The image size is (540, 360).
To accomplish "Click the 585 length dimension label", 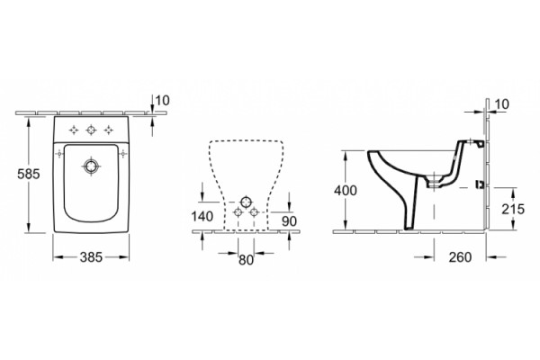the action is (29, 174).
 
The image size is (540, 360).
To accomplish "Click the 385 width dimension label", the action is (91, 257).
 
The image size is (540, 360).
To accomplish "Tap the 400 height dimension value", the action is (346, 191).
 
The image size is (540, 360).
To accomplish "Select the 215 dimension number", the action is (513, 209).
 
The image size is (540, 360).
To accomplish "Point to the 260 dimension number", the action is (460, 257).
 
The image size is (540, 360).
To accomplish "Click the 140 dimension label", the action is (202, 216).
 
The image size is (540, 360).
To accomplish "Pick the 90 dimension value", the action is (289, 221).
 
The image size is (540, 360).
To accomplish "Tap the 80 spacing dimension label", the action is (246, 260).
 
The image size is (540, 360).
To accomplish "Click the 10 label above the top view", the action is (162, 101).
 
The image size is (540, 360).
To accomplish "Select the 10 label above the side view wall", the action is (502, 104).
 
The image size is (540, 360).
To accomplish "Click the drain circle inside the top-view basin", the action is (91, 166).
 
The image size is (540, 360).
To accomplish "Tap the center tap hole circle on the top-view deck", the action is (91, 130).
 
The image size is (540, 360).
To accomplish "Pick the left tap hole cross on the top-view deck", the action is (74, 130).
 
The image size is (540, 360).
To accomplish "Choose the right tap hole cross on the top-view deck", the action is (109, 130).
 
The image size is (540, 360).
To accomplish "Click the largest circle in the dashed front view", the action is (246, 202).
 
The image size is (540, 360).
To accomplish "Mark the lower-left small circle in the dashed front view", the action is (238, 212).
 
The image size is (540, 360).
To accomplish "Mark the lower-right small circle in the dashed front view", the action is (254, 212).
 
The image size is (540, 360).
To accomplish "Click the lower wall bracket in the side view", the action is (479, 185).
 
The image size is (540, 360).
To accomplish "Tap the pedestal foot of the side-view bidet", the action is (410, 226).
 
